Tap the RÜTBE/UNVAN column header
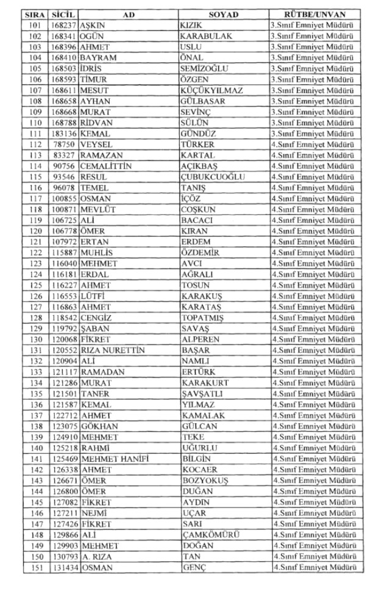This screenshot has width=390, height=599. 315,14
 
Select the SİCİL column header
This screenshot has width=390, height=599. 63,14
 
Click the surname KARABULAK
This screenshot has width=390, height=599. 206,36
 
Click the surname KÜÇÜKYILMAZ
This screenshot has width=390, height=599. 211,90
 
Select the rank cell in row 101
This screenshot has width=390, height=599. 315,26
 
